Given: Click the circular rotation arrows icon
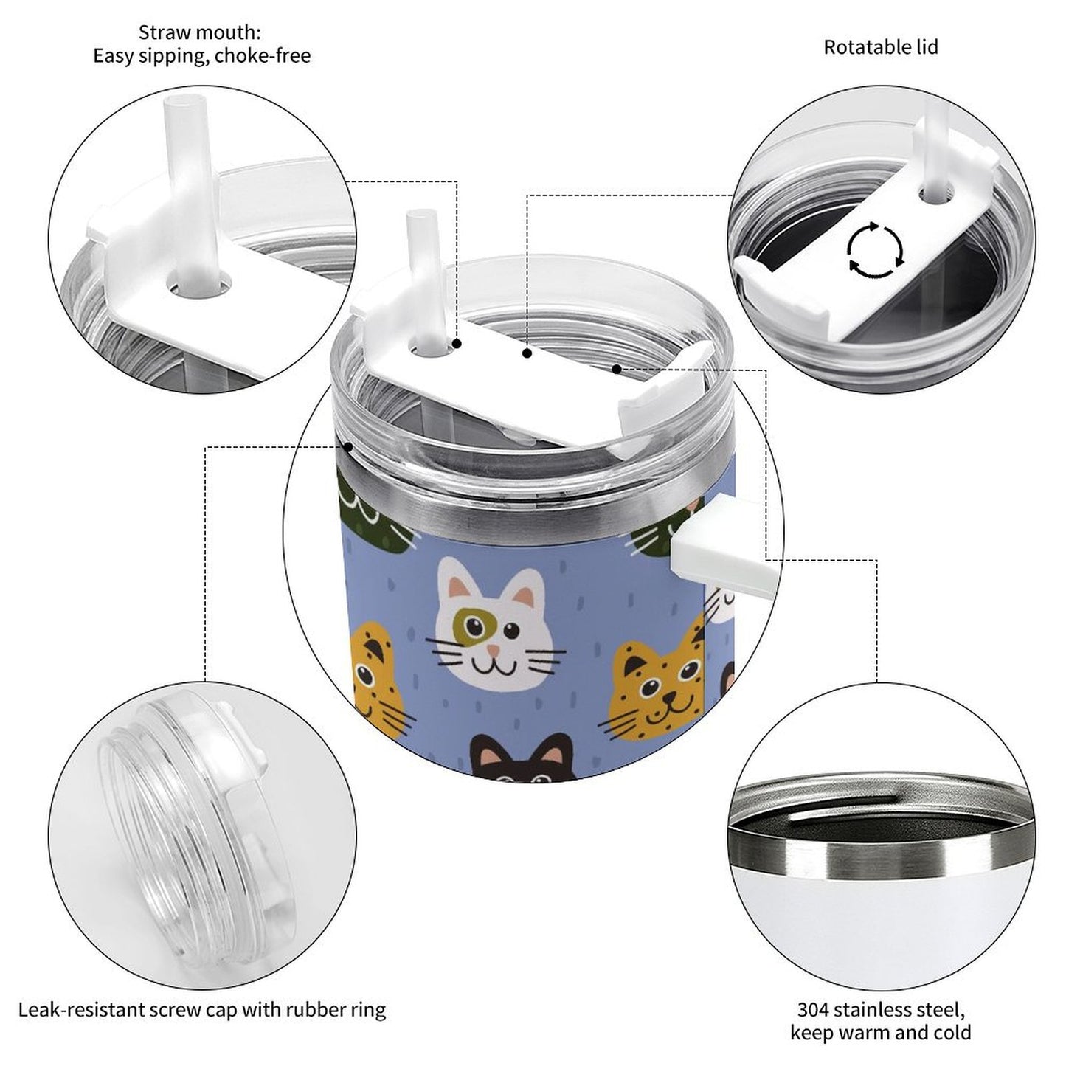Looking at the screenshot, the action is [x=876, y=249].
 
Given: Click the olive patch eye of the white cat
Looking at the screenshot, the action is [x=474, y=626].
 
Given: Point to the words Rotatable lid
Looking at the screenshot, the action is [x=881, y=47].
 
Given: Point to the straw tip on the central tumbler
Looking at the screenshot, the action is [x=421, y=215].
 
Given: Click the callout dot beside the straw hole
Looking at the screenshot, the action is [x=457, y=344].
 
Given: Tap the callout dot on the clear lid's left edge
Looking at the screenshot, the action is [x=348, y=446].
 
